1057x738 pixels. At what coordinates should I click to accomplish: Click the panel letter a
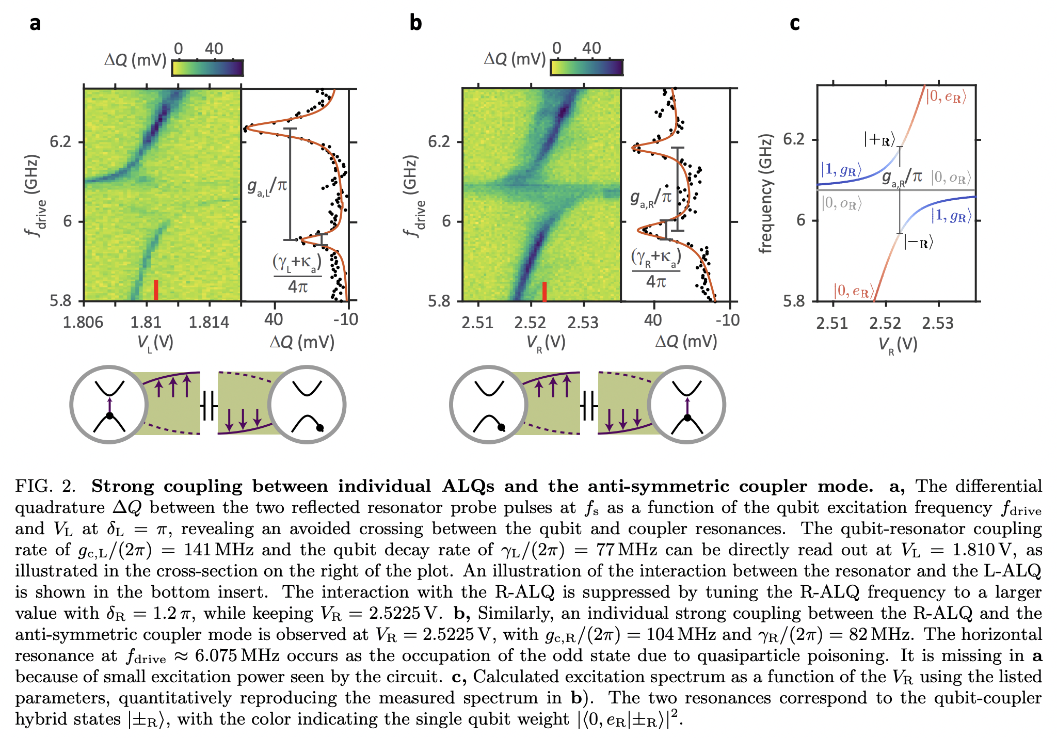[35, 23]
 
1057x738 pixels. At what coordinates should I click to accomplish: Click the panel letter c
[794, 23]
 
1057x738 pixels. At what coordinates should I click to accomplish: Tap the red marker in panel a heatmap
[156, 290]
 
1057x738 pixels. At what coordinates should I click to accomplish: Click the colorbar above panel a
[207, 68]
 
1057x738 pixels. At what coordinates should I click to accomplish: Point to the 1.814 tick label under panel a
[209, 323]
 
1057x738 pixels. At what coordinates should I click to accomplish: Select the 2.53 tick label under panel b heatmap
[583, 323]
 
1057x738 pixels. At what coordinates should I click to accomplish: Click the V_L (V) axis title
[155, 343]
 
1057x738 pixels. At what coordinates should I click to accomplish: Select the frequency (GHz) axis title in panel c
[765, 194]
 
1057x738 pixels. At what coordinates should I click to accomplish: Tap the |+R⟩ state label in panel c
[879, 139]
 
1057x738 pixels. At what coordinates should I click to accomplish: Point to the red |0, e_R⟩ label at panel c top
[946, 97]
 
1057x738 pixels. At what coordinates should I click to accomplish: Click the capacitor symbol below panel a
[209, 405]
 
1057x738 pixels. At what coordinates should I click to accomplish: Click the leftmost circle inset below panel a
[109, 405]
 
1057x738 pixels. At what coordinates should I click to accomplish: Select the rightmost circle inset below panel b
[687, 405]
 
